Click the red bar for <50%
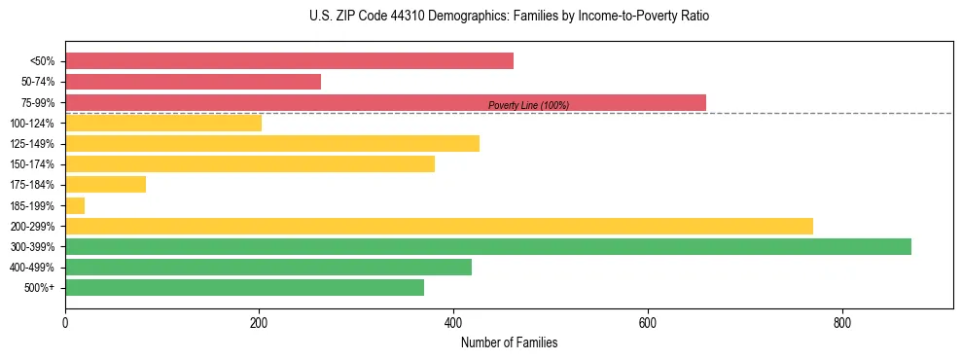289,61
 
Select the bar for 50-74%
193,82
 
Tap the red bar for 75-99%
385,102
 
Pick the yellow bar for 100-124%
163,123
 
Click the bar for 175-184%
105,184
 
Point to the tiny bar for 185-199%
75,205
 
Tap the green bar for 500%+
244,287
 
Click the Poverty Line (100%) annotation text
528,105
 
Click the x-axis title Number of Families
509,343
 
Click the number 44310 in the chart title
382,17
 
